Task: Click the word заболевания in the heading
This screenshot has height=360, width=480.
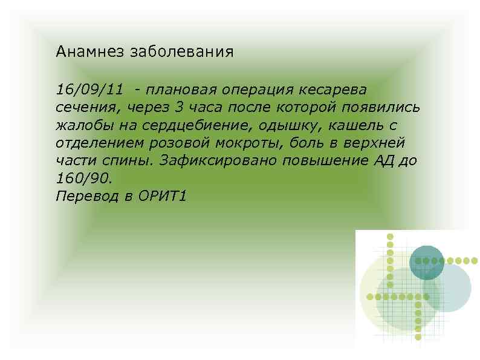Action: [x=180, y=51]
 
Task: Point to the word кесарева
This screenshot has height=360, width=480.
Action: [x=332, y=90]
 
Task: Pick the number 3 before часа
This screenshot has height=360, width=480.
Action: [x=177, y=108]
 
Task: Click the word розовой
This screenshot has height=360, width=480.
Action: [x=189, y=143]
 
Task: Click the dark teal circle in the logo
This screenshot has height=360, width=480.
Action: [x=427, y=261]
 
